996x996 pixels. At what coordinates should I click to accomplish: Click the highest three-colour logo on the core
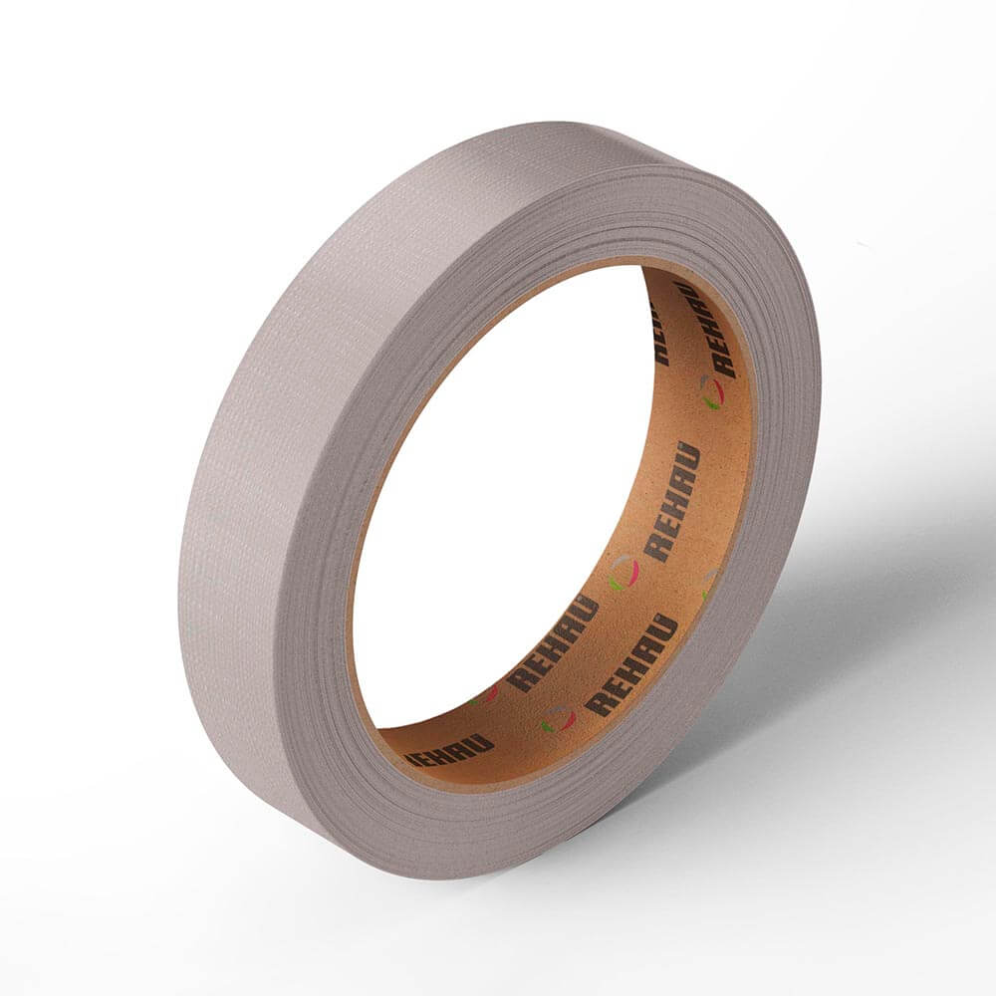coord(711,391)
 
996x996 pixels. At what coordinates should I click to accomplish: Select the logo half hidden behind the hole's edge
coord(483,693)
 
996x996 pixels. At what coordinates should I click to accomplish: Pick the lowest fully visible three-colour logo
coord(558,718)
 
